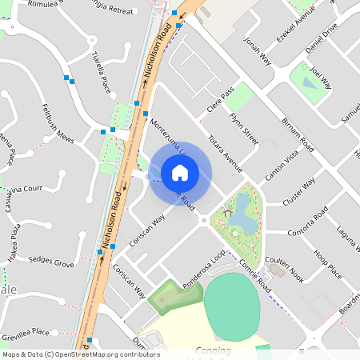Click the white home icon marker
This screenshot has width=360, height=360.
coord(180,173)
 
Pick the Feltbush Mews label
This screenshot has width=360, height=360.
coord(54,134)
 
